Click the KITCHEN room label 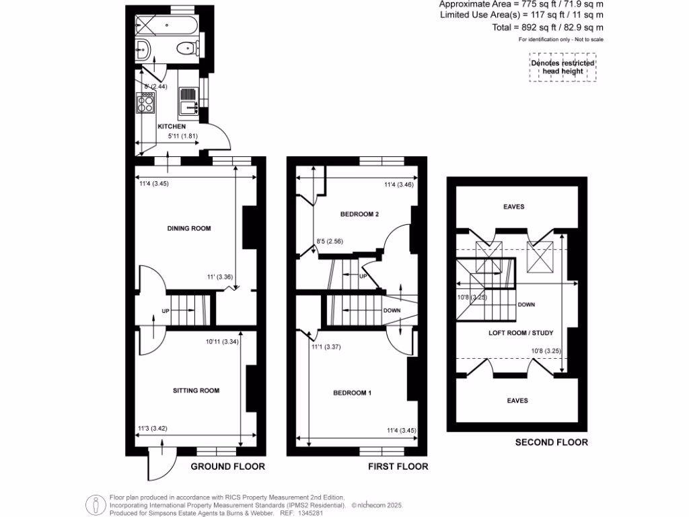coord(171,127)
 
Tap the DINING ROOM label coord(189,229)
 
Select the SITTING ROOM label coord(196,390)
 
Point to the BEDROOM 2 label coord(359,215)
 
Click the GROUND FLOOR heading coord(227,467)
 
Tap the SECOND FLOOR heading coord(551,442)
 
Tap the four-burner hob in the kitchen coord(145,103)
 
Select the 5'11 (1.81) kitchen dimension coord(181,139)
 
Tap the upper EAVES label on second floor coord(513,207)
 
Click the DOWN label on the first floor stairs coord(392,311)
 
